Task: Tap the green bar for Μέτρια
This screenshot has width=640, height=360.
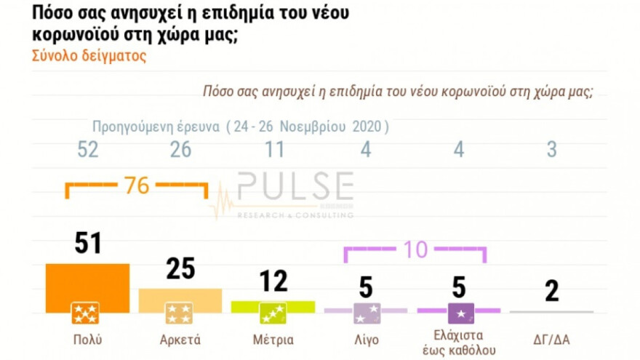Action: coord(273,305)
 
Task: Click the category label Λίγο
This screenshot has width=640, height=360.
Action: coord(366,340)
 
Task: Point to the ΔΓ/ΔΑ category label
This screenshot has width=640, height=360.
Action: coord(551,340)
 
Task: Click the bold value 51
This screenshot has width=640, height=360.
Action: coord(87,244)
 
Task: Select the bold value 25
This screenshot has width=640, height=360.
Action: coord(180,268)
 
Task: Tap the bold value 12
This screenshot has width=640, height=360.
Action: coord(273,281)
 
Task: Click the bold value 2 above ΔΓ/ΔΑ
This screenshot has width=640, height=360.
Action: coord(551,291)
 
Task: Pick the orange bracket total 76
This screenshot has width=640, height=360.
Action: coord(137,185)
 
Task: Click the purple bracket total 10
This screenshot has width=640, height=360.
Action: coord(415,249)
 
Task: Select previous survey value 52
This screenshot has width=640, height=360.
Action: coord(87,150)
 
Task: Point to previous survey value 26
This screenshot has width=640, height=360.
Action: coord(180,150)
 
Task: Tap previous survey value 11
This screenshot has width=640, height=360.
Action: coord(273,150)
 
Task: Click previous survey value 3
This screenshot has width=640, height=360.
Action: coord(551,150)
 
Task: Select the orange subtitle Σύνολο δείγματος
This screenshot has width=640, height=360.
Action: coord(89,56)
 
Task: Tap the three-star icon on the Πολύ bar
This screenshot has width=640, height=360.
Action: coord(86,313)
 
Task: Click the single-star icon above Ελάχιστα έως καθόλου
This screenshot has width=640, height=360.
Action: coord(460,313)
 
